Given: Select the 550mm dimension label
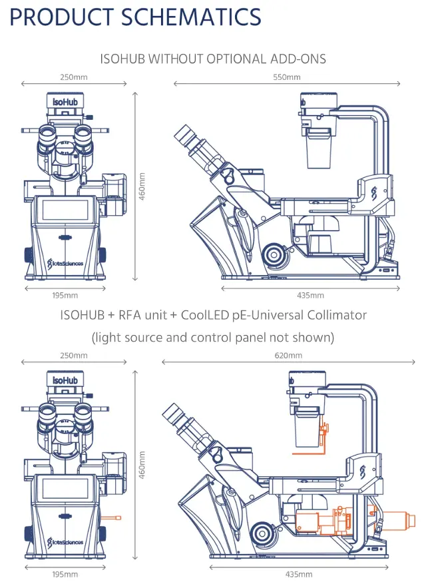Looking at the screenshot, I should (288, 77).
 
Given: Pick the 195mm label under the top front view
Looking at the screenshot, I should (65, 295).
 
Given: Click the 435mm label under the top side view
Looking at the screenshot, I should (310, 295).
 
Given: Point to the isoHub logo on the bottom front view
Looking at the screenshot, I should (65, 380).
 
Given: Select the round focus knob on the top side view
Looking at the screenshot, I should (272, 254).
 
